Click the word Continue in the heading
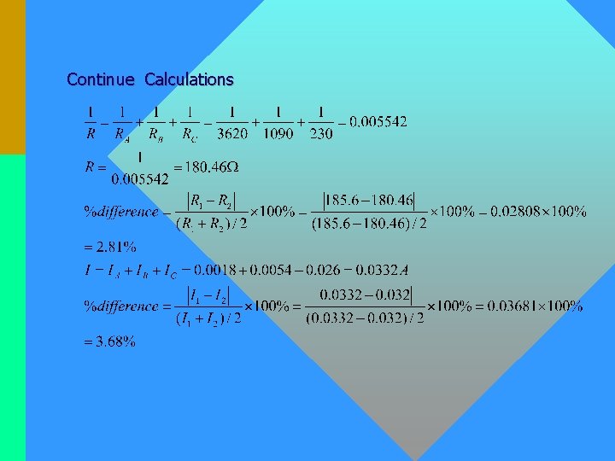(x=100, y=79)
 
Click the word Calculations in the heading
(x=189, y=79)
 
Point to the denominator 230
(x=320, y=133)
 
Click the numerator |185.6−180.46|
(x=369, y=201)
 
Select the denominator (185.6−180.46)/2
(x=369, y=224)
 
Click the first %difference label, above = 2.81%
(x=120, y=212)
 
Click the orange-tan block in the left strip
(x=12, y=77)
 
